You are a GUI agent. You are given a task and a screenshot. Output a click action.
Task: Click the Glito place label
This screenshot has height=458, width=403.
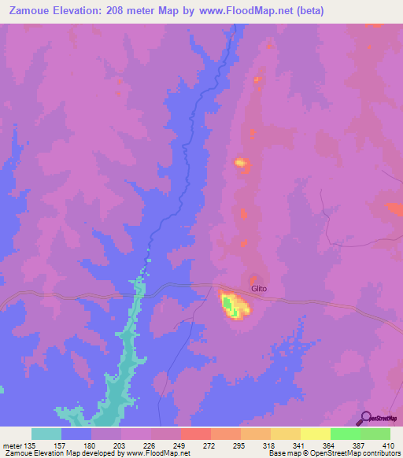[x=259, y=288]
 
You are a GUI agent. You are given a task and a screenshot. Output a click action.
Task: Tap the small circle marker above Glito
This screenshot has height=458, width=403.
[x=253, y=277]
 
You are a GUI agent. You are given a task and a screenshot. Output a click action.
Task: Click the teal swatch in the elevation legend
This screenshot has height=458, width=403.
[x=46, y=434]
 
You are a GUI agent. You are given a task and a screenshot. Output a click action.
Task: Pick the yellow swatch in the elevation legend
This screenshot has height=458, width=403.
[x=316, y=434]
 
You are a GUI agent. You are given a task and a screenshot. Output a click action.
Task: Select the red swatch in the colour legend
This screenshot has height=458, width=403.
[x=196, y=434]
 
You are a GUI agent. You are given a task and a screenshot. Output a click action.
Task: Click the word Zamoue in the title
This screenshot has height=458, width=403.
[x=24, y=11]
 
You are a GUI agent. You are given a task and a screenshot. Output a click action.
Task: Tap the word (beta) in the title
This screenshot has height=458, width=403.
[x=305, y=11]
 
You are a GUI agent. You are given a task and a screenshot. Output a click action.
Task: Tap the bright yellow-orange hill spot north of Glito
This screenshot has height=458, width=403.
[x=242, y=164]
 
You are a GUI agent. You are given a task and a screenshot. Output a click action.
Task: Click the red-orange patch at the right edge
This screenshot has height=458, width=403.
[x=394, y=209]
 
